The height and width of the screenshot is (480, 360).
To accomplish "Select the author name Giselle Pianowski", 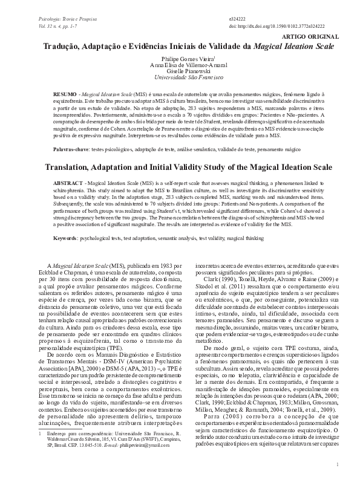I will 180,71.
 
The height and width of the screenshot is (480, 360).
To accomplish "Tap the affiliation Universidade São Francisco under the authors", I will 180,78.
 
